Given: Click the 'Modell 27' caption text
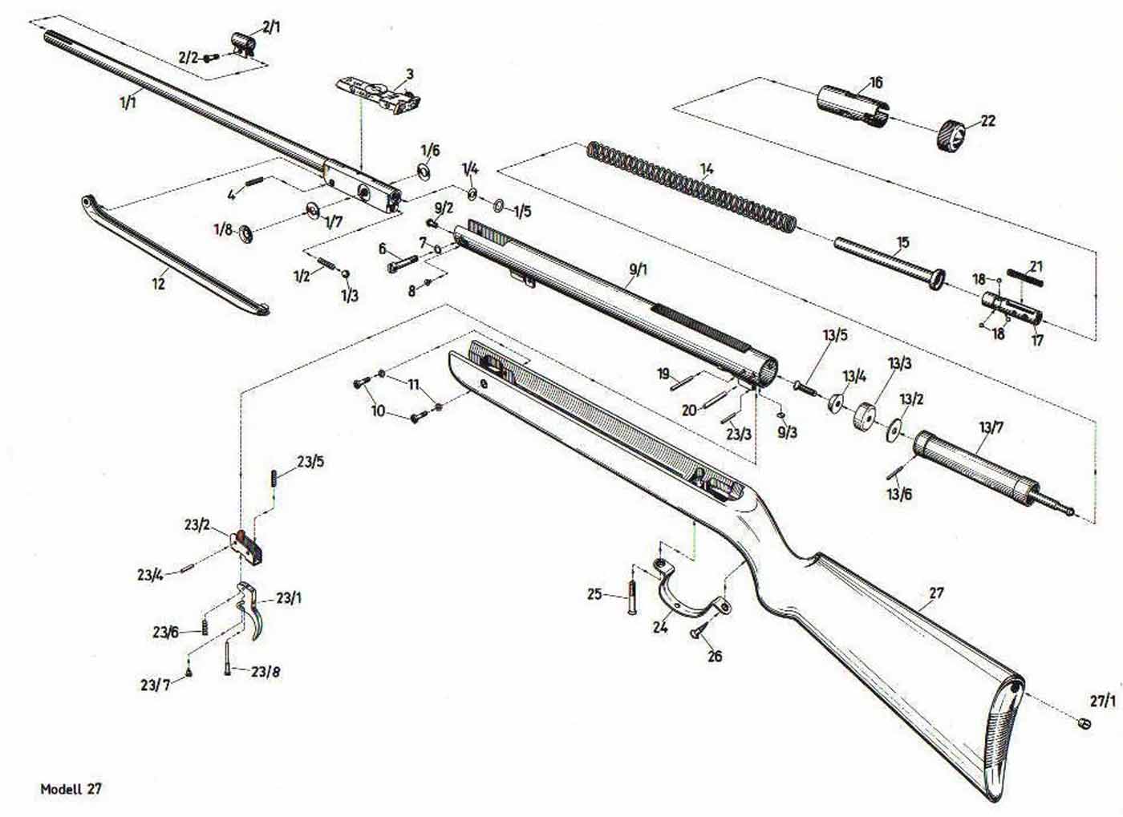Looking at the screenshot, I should tap(71, 789).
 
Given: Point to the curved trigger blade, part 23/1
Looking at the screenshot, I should tap(255, 617).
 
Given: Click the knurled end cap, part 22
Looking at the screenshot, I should tap(952, 133).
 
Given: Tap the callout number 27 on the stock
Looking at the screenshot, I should tap(936, 593).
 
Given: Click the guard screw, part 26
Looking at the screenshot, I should tap(698, 632).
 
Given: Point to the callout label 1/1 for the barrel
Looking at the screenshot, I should tap(128, 101).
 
